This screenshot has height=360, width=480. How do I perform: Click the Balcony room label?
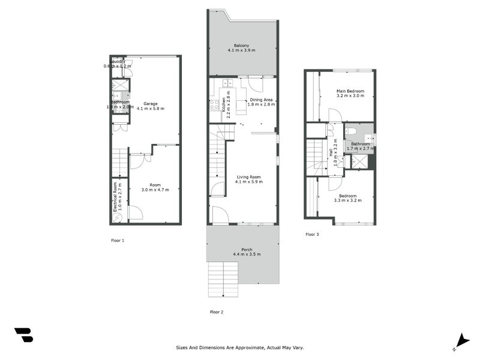coord(242,45)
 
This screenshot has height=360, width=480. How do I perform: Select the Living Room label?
coord(249,176)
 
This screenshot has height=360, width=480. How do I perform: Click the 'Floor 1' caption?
coord(118,240)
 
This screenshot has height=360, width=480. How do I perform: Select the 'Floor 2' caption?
coord(217,312)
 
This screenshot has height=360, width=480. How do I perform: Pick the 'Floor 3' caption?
coord(312,234)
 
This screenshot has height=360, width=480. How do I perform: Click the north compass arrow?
coord(461,340)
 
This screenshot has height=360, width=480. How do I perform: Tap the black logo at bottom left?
coord(23,335)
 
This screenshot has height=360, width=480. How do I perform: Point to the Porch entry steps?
coord(224,279)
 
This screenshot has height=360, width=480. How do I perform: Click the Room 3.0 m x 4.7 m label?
coord(155,187)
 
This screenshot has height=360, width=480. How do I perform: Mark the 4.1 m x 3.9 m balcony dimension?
coord(242,51)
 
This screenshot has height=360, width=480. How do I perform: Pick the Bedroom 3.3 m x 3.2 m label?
coord(348,199)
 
